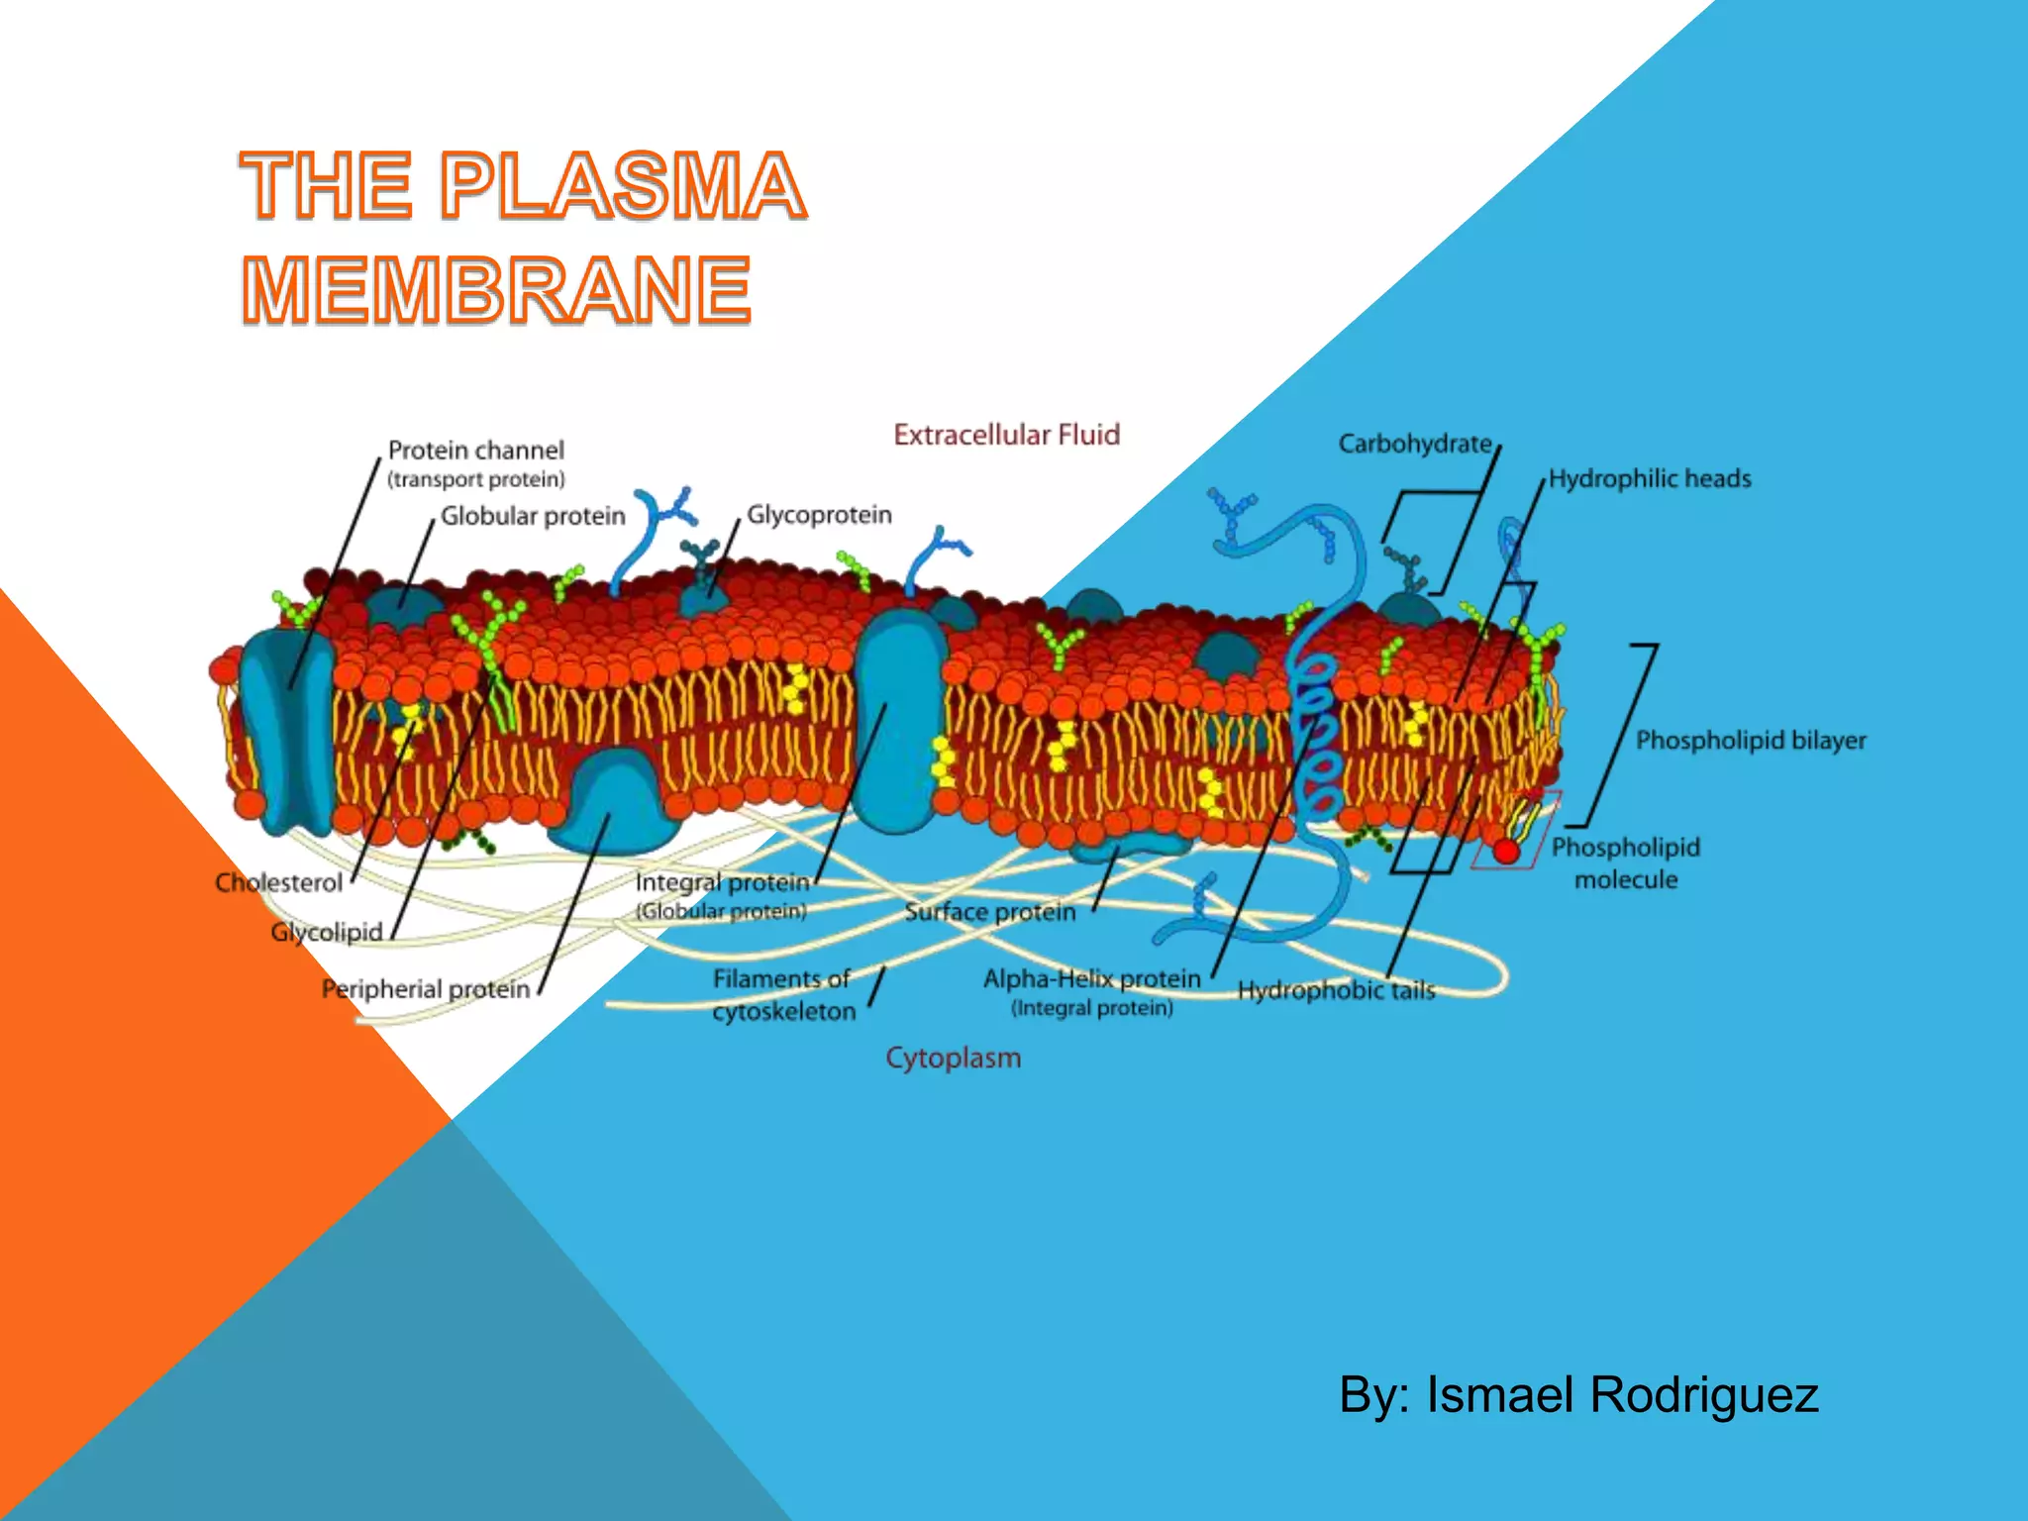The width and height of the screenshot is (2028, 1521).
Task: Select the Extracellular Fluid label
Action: (x=1006, y=435)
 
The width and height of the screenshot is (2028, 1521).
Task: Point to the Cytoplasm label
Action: (x=953, y=1058)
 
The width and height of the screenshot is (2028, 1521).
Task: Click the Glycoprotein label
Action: (x=819, y=515)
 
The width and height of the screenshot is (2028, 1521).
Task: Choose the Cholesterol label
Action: (x=278, y=882)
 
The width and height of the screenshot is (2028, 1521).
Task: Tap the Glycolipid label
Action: (x=326, y=932)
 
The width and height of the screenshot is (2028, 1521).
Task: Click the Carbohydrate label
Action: (x=1414, y=444)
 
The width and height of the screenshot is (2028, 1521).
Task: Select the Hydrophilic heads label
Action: (x=1650, y=479)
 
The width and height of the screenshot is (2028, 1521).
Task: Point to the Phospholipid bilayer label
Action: (x=1750, y=740)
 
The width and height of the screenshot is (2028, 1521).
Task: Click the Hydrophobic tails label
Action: (x=1336, y=990)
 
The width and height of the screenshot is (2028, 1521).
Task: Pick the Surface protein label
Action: (x=989, y=912)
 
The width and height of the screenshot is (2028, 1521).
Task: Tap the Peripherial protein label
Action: (x=426, y=988)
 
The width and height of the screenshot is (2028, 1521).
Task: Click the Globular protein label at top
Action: (x=533, y=516)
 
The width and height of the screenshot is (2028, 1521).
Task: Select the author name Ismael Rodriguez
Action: (x=1622, y=1394)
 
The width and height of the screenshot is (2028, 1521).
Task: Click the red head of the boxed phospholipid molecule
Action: (x=1506, y=851)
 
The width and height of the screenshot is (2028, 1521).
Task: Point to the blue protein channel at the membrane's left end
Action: (x=285, y=728)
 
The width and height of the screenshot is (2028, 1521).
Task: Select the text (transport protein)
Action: (x=475, y=480)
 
